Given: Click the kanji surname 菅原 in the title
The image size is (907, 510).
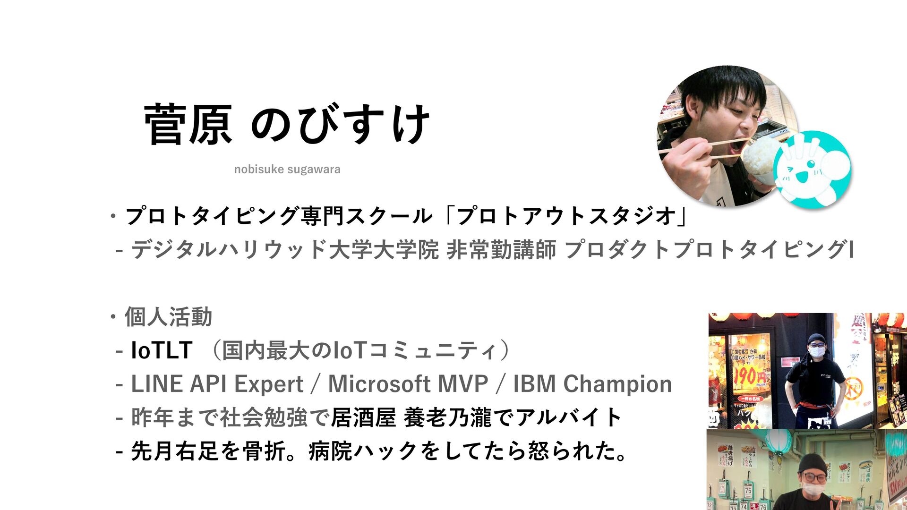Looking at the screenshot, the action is (188, 124).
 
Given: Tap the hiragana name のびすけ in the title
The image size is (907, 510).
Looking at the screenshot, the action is (340, 124).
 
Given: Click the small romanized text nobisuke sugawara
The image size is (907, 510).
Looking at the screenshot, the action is (287, 169).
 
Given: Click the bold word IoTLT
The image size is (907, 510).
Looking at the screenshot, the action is (162, 350).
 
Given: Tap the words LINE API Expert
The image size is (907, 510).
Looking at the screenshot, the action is (217, 384).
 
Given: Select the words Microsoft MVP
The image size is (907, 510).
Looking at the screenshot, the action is (408, 383).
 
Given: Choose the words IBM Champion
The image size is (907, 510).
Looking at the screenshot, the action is (592, 384).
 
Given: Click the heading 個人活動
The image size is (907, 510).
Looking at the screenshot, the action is (168, 317).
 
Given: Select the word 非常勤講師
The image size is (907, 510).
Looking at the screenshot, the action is (501, 249).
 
